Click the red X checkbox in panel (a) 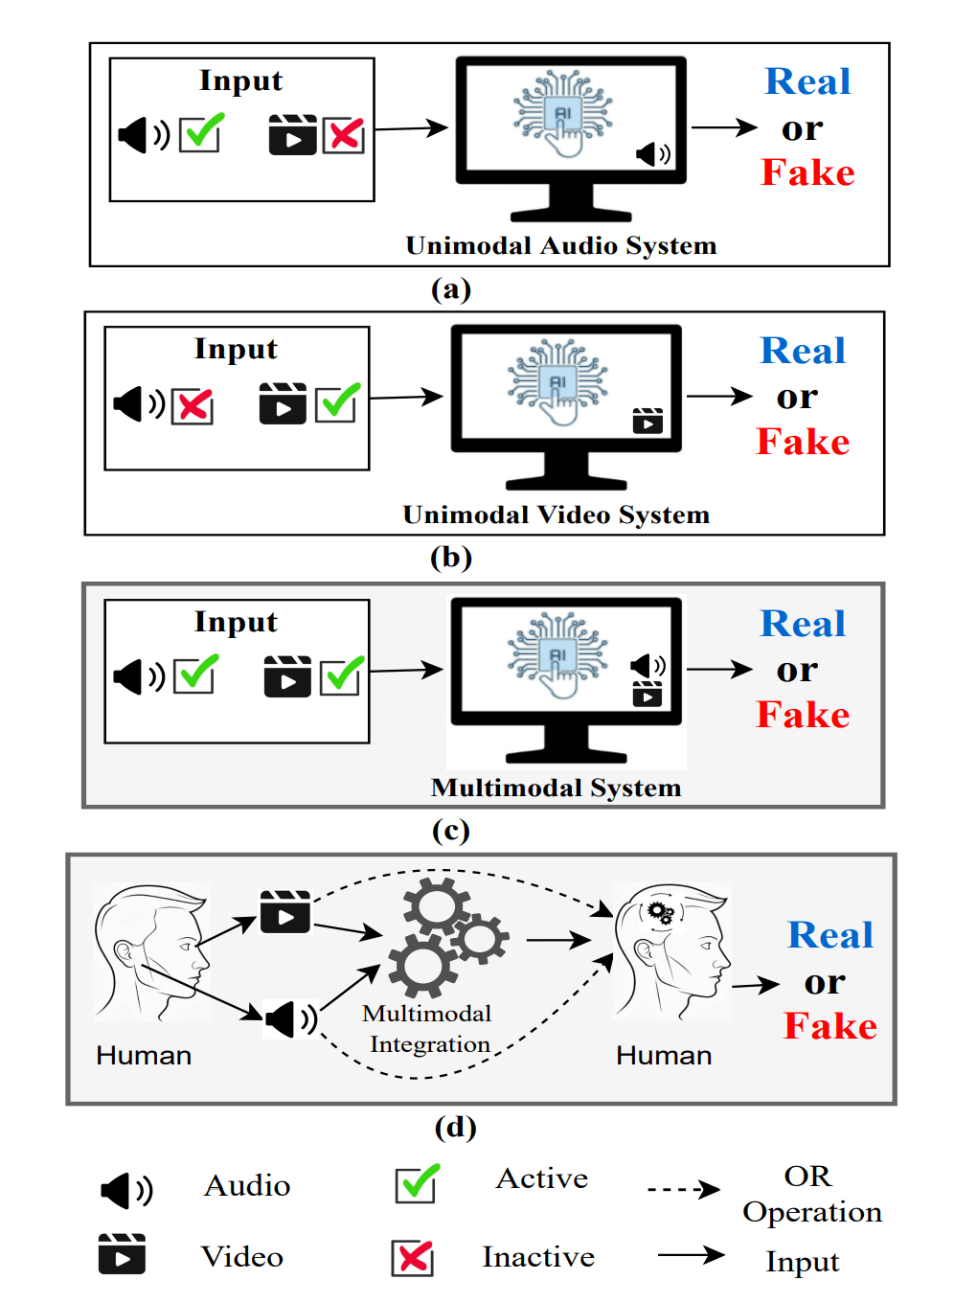click(344, 135)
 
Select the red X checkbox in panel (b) click(193, 405)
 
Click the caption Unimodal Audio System click(560, 245)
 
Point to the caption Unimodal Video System click(556, 514)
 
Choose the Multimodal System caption click(556, 788)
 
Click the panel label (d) click(455, 1127)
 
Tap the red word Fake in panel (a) click(807, 172)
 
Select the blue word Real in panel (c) click(803, 624)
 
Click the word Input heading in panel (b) click(236, 349)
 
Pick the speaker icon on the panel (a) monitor click(653, 153)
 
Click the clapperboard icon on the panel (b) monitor click(648, 421)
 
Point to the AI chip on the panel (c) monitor click(557, 655)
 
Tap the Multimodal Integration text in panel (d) click(428, 1029)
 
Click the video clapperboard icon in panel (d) click(285, 912)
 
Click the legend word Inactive click(538, 1257)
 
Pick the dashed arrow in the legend click(683, 1190)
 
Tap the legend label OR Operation click(811, 1194)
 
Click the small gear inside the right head click(660, 911)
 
